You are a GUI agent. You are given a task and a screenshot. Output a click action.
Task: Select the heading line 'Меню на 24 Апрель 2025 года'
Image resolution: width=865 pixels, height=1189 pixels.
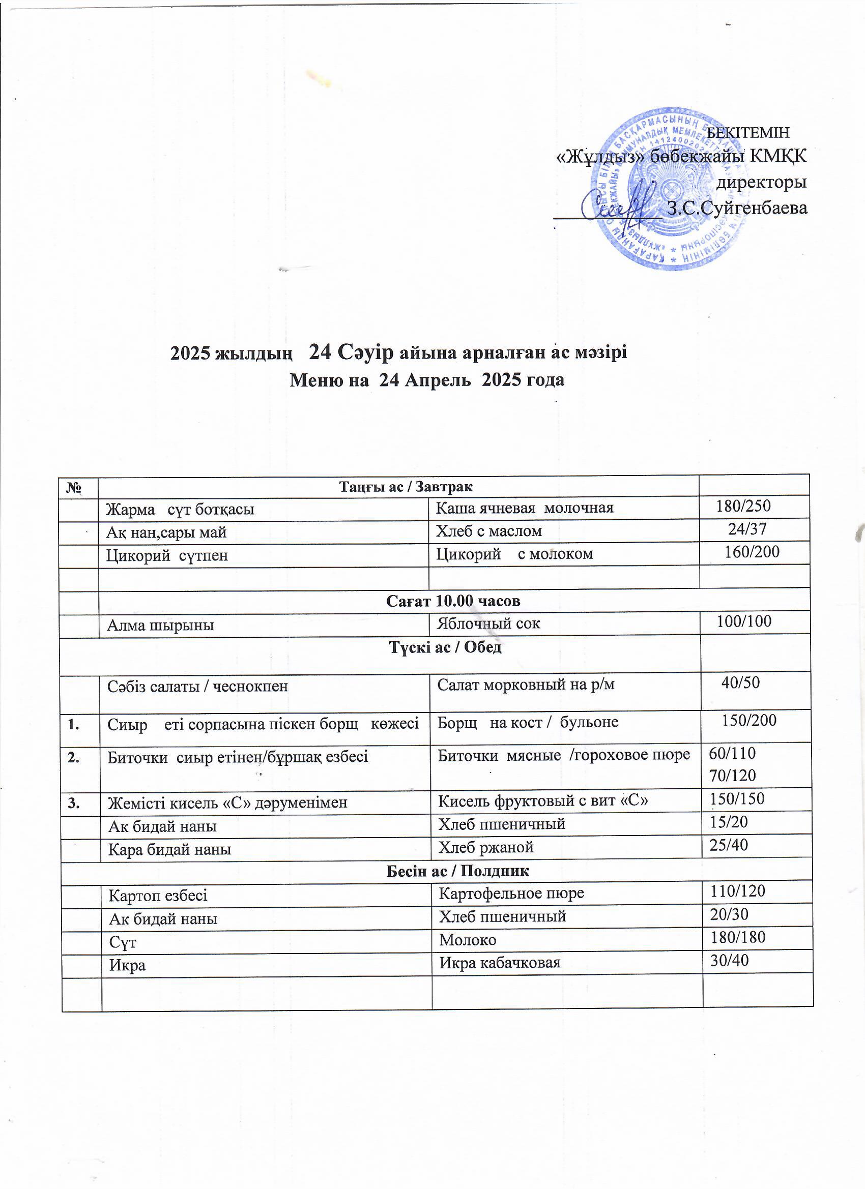(427, 379)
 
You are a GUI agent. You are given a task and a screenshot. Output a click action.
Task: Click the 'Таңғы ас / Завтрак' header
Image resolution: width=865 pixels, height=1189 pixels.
(406, 487)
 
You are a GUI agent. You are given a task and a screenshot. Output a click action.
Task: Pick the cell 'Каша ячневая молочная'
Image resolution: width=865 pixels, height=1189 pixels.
(525, 508)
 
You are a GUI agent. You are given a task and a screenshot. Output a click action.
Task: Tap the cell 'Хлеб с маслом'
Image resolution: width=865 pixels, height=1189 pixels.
(489, 531)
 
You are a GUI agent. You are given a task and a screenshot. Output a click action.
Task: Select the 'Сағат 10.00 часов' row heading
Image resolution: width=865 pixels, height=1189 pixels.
(453, 601)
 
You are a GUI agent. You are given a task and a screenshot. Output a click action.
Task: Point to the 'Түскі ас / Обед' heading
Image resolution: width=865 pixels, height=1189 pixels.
(445, 647)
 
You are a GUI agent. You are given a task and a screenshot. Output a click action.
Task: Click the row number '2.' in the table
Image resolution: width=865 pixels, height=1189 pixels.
(73, 754)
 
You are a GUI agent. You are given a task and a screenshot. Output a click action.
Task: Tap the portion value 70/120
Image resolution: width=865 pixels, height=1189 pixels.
(732, 776)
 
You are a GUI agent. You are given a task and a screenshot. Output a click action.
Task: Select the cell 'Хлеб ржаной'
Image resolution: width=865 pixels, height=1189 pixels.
(486, 847)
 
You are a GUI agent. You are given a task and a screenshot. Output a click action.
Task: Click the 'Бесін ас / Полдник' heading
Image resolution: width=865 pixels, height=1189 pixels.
(457, 871)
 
